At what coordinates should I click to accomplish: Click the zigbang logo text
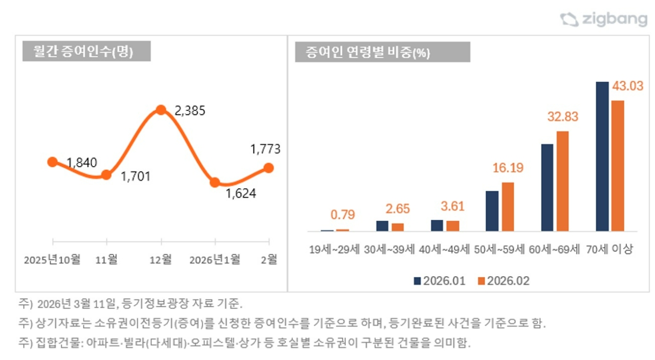(614, 19)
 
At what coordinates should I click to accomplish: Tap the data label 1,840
(82, 163)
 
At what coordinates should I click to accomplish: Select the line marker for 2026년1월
(215, 182)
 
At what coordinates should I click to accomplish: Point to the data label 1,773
(265, 149)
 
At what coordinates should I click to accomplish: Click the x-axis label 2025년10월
(52, 260)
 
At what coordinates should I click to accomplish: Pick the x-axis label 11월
(106, 260)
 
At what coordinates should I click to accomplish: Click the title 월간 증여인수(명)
(83, 52)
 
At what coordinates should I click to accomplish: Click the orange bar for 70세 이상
(618, 166)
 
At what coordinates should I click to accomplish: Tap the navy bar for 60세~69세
(547, 187)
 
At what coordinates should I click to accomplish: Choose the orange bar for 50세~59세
(508, 207)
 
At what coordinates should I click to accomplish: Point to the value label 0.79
(342, 215)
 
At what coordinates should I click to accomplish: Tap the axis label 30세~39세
(389, 250)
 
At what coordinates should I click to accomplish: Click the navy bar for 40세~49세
(437, 226)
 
